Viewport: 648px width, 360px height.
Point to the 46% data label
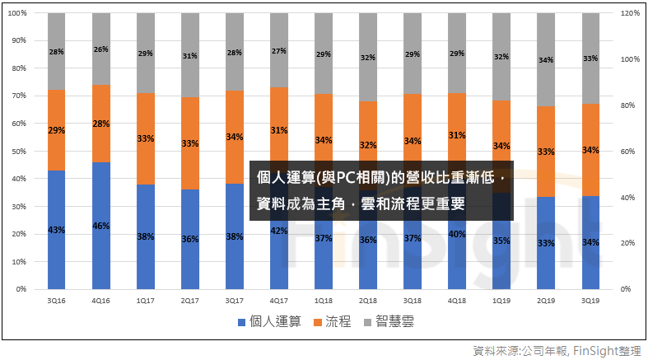101,226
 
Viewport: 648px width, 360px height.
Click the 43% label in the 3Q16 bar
57,228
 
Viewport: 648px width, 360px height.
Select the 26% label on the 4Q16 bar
101,50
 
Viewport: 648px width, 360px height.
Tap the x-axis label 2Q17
190,302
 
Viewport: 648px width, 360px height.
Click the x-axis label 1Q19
501,302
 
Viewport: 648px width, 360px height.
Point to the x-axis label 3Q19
590,302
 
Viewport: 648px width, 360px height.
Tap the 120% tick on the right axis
630,13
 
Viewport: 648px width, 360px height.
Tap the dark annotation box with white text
381,190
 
